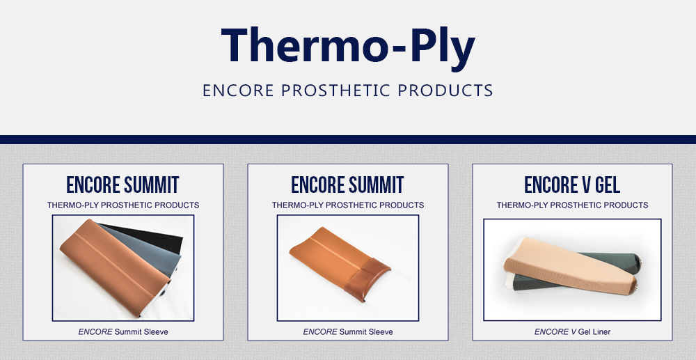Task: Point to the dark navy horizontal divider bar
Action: tap(348, 139)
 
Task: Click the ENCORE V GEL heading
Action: tap(572, 185)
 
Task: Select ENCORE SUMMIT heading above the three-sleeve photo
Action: tap(122, 185)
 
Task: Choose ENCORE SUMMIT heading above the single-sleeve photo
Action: tap(347, 185)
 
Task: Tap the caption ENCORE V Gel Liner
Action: tap(572, 332)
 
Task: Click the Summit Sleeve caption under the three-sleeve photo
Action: tap(122, 332)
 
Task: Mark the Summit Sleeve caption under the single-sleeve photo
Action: tap(347, 332)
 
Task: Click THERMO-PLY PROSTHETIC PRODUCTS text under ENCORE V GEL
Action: tap(572, 205)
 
